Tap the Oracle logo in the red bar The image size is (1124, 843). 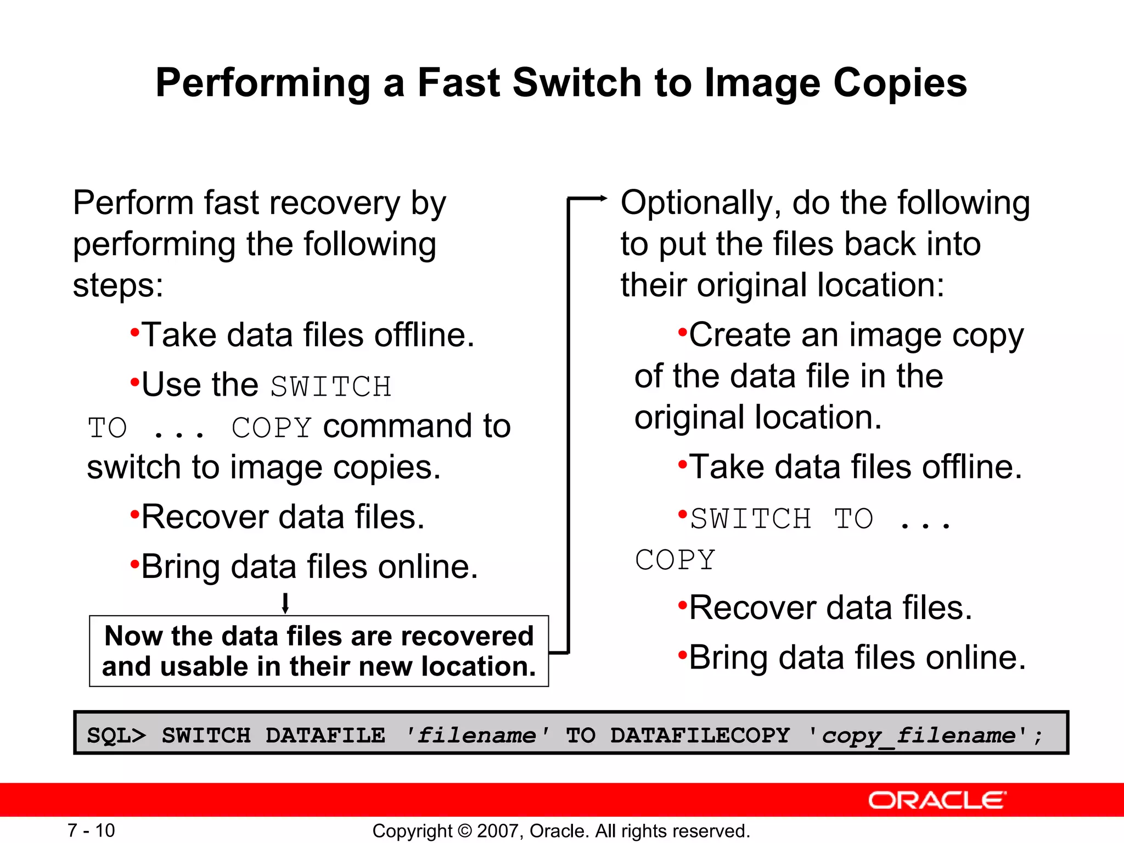[x=937, y=800]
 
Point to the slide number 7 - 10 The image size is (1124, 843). [x=91, y=830]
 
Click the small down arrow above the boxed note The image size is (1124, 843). [x=285, y=603]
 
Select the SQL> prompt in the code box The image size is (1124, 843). [x=116, y=735]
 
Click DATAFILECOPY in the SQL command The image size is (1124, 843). [x=700, y=735]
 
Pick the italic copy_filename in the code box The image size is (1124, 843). [x=919, y=735]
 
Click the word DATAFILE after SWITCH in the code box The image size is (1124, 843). [x=325, y=735]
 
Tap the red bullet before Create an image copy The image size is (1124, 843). [x=682, y=332]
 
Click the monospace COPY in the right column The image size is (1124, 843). [x=675, y=560]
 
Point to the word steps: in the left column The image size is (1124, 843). [x=118, y=285]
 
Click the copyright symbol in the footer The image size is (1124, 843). [x=464, y=831]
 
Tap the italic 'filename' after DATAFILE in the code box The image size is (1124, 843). [x=476, y=735]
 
